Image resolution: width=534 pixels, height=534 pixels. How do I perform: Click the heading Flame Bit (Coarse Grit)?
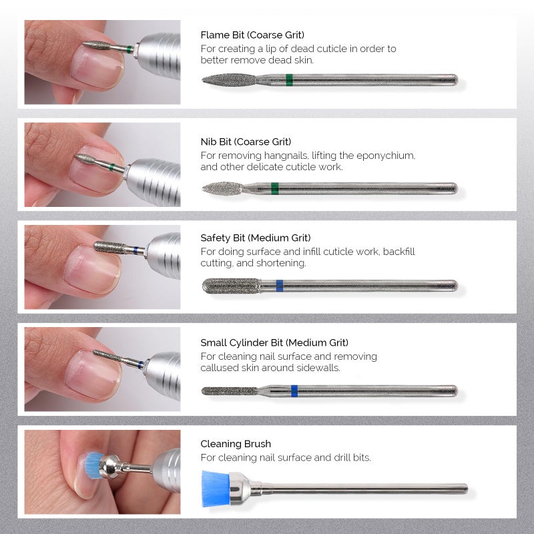point(252,35)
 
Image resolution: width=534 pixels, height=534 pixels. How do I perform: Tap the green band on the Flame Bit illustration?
point(289,80)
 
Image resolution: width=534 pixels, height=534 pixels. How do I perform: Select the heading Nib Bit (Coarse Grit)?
point(246,142)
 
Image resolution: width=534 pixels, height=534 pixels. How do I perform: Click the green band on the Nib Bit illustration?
point(274,188)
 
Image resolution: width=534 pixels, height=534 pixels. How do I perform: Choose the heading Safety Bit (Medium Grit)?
point(256,238)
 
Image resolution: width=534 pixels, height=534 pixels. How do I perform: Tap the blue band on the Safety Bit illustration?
point(279,285)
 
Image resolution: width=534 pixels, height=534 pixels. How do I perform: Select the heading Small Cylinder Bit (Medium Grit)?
point(274,343)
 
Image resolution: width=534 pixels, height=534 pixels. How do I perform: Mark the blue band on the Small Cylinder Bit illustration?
point(294,390)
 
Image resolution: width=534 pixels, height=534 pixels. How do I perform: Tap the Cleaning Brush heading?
point(236,444)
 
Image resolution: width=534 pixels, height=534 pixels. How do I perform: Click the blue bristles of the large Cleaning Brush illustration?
point(215,489)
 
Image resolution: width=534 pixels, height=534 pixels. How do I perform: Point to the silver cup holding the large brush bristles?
point(237,489)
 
